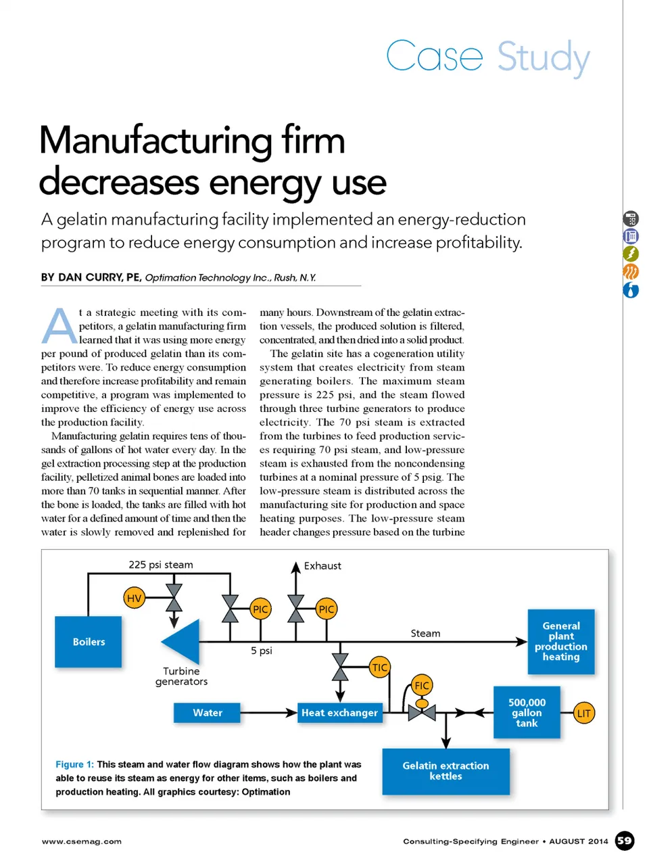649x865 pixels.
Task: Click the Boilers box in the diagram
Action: pyautogui.click(x=89, y=642)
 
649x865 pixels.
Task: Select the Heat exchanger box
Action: pyautogui.click(x=339, y=713)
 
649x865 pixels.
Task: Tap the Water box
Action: pyautogui.click(x=207, y=713)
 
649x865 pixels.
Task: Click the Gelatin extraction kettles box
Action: pyautogui.click(x=446, y=771)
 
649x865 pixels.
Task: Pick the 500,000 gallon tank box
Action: pyautogui.click(x=527, y=713)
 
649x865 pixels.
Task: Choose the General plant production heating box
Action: pyautogui.click(x=560, y=641)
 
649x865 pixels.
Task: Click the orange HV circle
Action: pyautogui.click(x=135, y=598)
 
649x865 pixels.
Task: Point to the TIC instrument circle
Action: pyautogui.click(x=380, y=668)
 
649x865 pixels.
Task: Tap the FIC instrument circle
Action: pyautogui.click(x=422, y=685)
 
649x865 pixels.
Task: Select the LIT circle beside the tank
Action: pyautogui.click(x=584, y=713)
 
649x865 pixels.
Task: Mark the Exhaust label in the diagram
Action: pyautogui.click(x=322, y=565)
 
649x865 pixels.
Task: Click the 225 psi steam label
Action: pyautogui.click(x=161, y=565)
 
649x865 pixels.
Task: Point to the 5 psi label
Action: pyautogui.click(x=262, y=651)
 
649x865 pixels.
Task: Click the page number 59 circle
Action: pyautogui.click(x=625, y=841)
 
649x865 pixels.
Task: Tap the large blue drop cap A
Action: pyautogui.click(x=59, y=326)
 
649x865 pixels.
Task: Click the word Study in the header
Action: pyautogui.click(x=544, y=57)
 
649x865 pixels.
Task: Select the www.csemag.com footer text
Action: pyautogui.click(x=82, y=841)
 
